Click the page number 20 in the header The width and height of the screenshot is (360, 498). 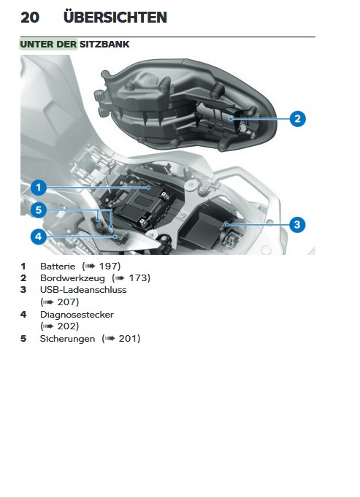[x=30, y=18]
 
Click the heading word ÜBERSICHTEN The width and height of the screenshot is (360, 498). [x=115, y=17]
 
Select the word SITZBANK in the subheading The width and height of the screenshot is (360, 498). [x=104, y=44]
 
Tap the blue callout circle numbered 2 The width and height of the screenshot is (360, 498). [x=297, y=119]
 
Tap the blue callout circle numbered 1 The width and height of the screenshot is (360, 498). [x=39, y=188]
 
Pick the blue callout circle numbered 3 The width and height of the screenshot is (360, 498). [x=297, y=225]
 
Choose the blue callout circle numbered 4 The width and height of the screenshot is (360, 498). [x=39, y=237]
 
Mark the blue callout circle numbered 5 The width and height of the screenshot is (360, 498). [x=39, y=210]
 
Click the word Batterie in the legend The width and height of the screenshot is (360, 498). [x=58, y=266]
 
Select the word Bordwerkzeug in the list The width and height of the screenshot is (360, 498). [x=72, y=278]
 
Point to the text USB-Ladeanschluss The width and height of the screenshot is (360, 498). [x=83, y=290]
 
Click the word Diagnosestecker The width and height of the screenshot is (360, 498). [x=77, y=315]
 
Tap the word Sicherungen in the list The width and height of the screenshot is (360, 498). [x=67, y=339]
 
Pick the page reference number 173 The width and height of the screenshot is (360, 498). [x=138, y=278]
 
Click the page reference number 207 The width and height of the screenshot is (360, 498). [x=66, y=302]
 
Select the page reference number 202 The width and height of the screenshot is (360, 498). [x=66, y=326]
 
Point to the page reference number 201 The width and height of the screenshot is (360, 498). [x=128, y=339]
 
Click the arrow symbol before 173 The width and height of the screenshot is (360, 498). [x=120, y=278]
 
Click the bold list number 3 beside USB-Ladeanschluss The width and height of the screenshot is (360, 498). [x=23, y=290]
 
